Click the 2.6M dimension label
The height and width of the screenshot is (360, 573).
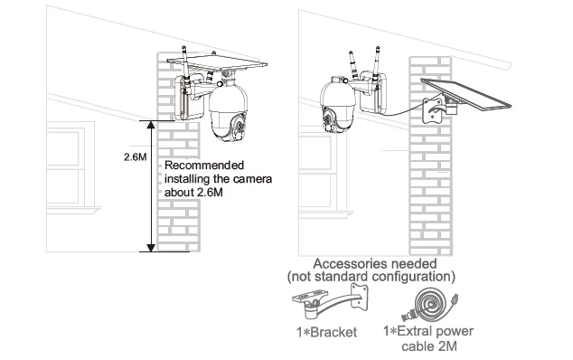coord(135,157)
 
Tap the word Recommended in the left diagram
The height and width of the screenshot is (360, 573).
coord(204,166)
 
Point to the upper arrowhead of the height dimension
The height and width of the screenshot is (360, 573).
coord(151,125)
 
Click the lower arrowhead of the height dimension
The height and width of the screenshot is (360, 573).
coord(151,247)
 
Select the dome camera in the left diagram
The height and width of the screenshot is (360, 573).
coord(228,111)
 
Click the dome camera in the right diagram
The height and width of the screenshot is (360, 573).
coord(338,105)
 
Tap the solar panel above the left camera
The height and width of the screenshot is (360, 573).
coord(217,63)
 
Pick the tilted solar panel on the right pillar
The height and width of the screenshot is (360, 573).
coord(466,96)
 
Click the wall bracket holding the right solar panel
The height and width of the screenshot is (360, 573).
coord(434,109)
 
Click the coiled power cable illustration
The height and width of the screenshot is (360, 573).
coord(430,304)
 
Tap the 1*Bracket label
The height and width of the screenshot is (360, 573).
coord(326,332)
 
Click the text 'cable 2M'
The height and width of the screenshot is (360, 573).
coord(429,346)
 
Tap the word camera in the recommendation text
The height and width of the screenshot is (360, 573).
coord(252,179)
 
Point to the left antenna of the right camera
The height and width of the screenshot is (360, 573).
coord(353,66)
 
